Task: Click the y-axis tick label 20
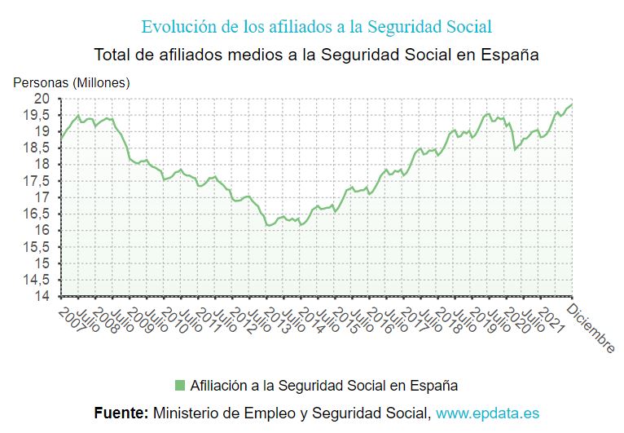[x=42, y=99]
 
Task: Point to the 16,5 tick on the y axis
[x=38, y=214]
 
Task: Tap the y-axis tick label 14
[x=42, y=297]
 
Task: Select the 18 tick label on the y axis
[x=42, y=165]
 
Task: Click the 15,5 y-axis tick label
[x=38, y=247]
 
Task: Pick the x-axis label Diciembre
[x=591, y=328]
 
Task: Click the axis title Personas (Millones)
[x=71, y=82]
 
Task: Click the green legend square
[x=180, y=385]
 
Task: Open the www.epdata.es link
[x=487, y=413]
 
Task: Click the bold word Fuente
[x=121, y=413]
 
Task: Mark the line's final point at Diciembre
[x=572, y=104]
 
